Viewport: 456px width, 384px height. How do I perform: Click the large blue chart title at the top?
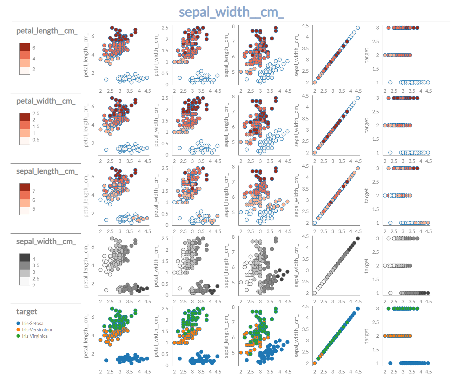coord(231,12)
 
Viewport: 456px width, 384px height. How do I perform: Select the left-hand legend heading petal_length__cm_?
coord(47,31)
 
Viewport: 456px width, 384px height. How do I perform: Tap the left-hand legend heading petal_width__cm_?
coord(46,101)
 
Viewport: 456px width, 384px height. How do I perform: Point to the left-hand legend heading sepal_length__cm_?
coord(47,171)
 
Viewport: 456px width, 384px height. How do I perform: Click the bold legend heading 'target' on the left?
coord(27,311)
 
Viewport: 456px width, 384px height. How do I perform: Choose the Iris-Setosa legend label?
coord(33,323)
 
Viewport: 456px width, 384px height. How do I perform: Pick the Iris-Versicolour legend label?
coord(37,330)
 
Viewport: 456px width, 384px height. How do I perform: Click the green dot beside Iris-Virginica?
coord(18,336)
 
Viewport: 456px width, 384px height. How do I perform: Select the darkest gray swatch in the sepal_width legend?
coord(25,258)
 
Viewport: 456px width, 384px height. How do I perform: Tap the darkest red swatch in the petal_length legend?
coord(25,47)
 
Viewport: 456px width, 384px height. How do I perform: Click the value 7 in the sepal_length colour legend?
coord(34,191)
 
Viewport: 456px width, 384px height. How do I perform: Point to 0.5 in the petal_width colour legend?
coord(36,140)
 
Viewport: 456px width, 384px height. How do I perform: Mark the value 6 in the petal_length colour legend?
coord(34,48)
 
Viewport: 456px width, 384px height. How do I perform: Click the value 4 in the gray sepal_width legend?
coord(34,259)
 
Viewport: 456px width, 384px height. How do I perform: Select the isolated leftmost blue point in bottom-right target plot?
coord(390,363)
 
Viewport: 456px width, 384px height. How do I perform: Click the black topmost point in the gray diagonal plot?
coord(358,238)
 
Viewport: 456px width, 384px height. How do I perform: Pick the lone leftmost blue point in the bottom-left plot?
coord(106,360)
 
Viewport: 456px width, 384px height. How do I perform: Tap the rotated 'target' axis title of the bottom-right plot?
coord(367,336)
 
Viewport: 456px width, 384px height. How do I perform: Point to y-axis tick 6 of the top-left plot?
coord(93,36)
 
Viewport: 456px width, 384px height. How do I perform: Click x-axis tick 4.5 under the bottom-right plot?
coord(429,372)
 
